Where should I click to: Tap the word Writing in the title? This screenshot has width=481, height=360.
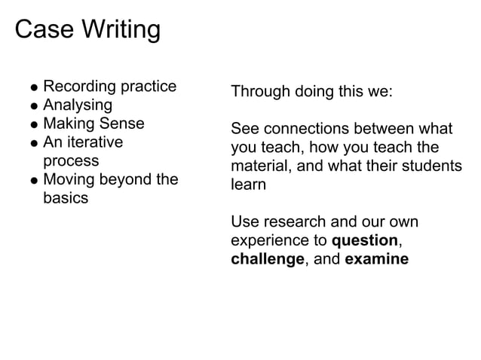coord(121,32)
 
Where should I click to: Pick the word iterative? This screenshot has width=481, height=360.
coord(93,142)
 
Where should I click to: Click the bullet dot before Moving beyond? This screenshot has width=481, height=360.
coord(34,182)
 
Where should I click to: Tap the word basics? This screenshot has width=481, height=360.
coord(66,198)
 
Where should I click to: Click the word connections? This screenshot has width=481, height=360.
coord(304,130)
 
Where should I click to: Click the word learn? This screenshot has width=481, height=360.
coord(248,185)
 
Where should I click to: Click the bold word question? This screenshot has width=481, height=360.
coord(365,241)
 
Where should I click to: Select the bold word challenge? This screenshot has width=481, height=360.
coord(267,259)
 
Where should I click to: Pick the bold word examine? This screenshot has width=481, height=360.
coord(377,259)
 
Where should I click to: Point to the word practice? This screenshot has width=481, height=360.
coord(149,87)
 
